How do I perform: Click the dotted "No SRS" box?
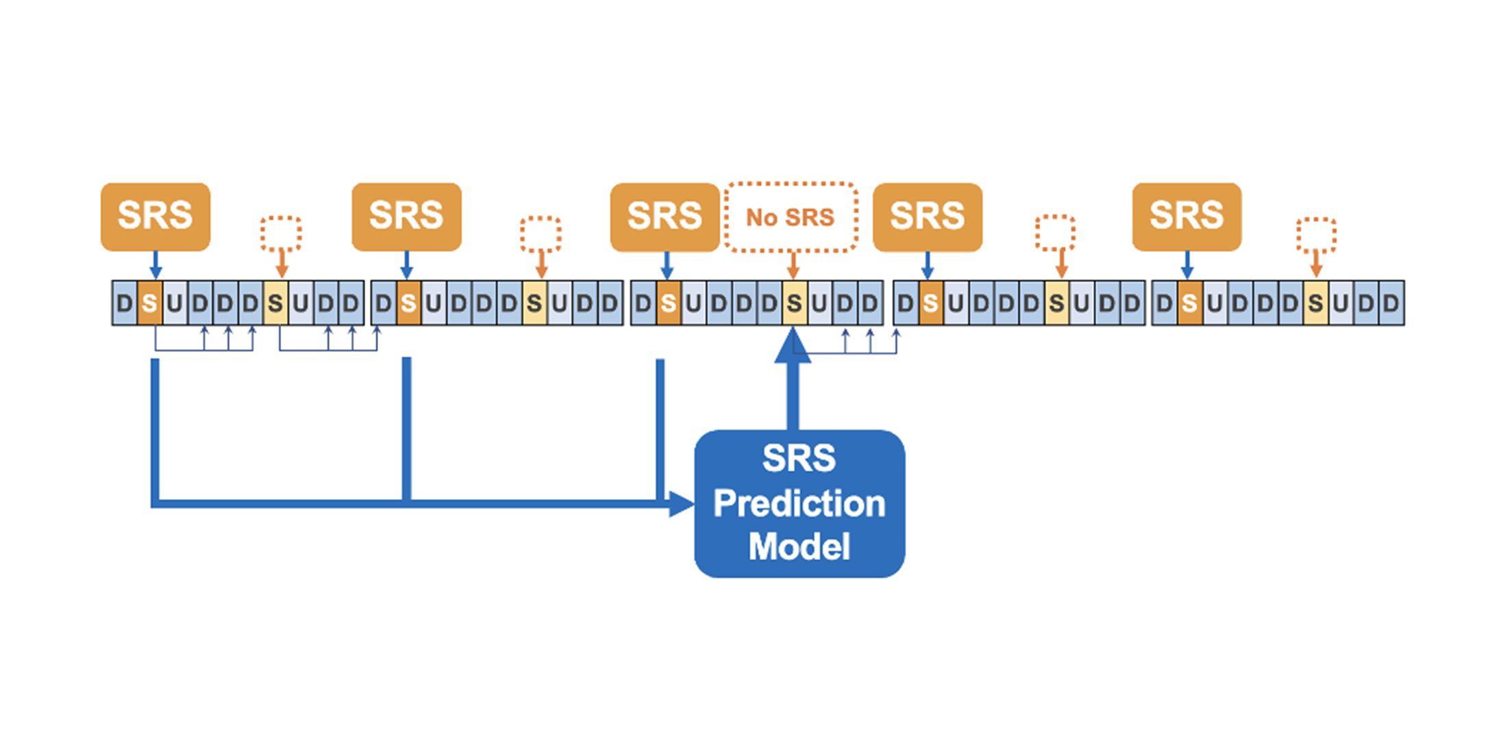(x=791, y=217)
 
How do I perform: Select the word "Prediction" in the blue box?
(x=799, y=504)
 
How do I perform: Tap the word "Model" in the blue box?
(x=799, y=546)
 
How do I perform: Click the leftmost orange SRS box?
(x=156, y=216)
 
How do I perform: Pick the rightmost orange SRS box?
(x=1187, y=216)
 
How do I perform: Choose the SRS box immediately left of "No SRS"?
(x=664, y=216)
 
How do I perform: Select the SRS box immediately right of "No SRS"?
(x=927, y=216)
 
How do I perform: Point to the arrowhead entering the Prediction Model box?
(x=681, y=504)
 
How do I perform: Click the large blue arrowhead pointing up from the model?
(x=793, y=346)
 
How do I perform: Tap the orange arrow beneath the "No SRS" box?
(x=793, y=266)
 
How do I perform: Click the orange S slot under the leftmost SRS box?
(x=149, y=303)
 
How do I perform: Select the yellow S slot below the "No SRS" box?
(x=794, y=303)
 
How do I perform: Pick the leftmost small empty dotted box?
(x=281, y=233)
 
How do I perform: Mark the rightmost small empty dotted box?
(x=1316, y=235)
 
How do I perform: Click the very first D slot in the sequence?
(x=124, y=303)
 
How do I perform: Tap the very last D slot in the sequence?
(x=1391, y=303)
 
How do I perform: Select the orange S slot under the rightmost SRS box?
(x=1190, y=303)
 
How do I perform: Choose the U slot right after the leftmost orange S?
(x=175, y=303)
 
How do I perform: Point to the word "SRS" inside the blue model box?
(x=799, y=459)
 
